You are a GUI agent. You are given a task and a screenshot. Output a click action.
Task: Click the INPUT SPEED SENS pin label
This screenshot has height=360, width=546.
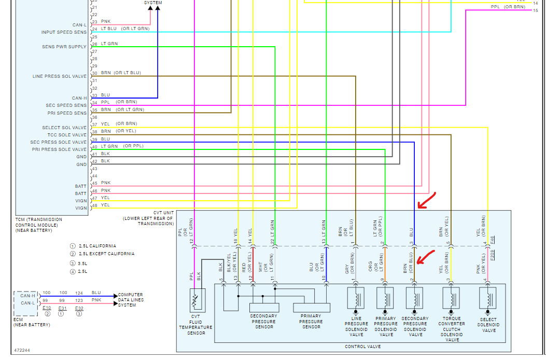point(64,32)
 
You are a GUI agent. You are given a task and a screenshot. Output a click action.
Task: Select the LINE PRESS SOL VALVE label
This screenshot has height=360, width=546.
point(60,76)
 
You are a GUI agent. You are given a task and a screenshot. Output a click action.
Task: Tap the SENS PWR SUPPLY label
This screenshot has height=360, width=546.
point(64,47)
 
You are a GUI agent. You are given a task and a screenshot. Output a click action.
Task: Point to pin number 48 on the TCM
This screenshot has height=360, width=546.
point(94,206)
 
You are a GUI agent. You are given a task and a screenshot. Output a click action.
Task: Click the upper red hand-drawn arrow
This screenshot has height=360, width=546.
point(427,201)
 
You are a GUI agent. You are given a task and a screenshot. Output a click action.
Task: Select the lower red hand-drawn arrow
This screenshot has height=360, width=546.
point(427,257)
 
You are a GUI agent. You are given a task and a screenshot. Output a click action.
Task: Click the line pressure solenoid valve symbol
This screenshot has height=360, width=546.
point(356,300)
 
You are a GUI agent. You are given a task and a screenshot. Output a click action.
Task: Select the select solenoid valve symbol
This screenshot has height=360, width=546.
point(488,300)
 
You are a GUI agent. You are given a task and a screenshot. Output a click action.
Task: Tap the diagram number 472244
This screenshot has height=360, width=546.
point(22,351)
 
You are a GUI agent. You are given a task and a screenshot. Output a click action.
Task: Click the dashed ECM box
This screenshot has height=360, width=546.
point(25,303)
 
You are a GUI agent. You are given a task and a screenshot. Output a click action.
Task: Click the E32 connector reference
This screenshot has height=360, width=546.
point(79,308)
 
